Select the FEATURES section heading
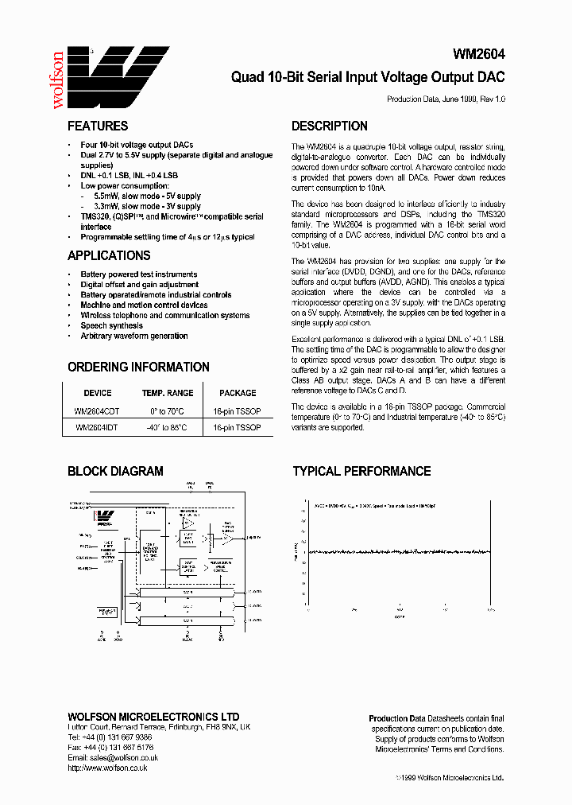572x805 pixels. point(98,126)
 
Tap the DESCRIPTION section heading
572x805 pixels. point(329,126)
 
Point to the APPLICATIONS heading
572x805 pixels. point(109,255)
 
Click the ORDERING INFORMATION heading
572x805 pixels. point(138,367)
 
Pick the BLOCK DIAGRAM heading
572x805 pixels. point(115,471)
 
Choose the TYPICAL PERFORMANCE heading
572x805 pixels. point(361,471)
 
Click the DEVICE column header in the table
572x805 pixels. point(98,393)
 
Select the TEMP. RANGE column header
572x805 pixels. point(168,393)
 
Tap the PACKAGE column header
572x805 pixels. point(238,393)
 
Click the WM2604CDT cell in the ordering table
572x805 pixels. point(98,411)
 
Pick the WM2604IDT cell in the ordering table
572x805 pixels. point(98,427)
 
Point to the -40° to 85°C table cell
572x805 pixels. point(168,427)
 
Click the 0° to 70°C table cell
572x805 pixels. point(168,411)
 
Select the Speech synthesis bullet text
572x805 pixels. point(112,325)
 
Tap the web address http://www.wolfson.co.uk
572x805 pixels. point(107,768)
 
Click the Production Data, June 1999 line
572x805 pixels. point(446,99)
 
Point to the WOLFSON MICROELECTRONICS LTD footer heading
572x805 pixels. point(153,717)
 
